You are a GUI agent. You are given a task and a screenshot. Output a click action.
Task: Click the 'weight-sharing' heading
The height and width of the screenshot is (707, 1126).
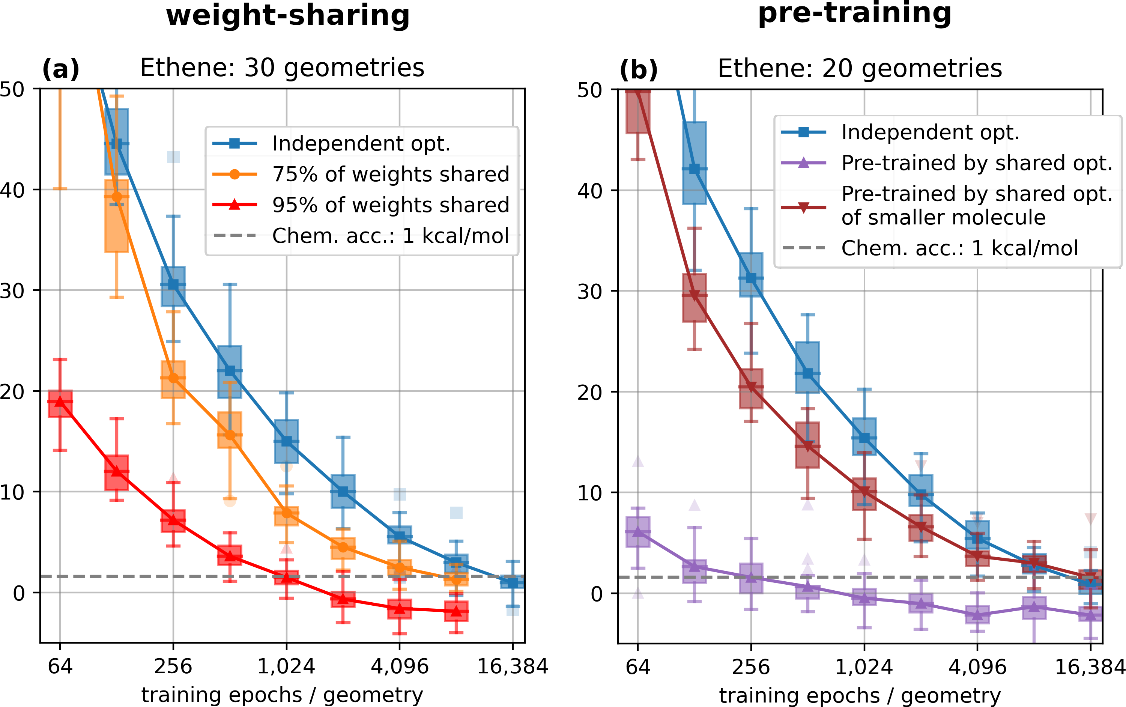pos(287,16)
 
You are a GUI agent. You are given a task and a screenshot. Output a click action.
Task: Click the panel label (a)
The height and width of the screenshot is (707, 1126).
pos(61,69)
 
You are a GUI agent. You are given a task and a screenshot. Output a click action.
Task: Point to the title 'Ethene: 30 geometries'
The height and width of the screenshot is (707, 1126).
pos(282,68)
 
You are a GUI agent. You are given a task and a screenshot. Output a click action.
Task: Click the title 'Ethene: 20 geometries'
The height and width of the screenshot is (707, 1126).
pos(860,68)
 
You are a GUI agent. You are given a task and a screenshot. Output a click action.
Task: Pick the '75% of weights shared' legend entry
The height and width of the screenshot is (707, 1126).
pos(390,174)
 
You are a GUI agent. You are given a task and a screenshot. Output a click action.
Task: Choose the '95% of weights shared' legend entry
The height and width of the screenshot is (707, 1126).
pos(390,205)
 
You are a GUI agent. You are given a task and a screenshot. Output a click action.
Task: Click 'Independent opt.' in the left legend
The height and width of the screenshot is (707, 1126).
pos(361,143)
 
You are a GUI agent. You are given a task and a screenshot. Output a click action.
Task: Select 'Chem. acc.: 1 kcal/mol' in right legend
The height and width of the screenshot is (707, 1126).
pos(959,248)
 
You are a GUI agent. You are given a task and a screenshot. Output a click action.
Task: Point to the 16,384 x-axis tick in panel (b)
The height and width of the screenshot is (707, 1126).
pos(1090,667)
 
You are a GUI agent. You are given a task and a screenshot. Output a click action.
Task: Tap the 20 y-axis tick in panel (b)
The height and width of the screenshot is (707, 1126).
pos(590,392)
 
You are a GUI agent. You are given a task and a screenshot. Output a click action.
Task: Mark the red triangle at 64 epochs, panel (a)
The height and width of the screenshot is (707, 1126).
pos(60,401)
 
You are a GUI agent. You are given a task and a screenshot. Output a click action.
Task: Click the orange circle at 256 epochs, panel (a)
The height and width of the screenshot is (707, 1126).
pos(173,378)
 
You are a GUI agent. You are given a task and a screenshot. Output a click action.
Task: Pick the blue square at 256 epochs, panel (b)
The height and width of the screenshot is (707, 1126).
pos(751,278)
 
